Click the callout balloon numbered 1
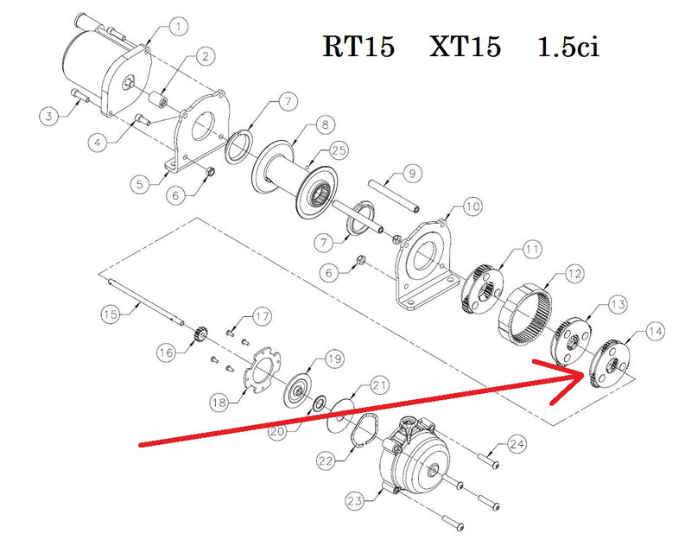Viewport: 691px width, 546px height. (x=178, y=28)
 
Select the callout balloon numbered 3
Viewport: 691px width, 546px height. (x=50, y=113)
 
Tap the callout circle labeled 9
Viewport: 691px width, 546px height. (x=412, y=174)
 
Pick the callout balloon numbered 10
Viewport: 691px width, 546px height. (x=472, y=206)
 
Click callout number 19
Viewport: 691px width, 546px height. (x=333, y=359)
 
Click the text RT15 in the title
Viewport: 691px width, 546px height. (x=359, y=47)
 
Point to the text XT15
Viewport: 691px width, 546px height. (x=466, y=47)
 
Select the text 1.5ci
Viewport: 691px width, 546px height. (x=567, y=47)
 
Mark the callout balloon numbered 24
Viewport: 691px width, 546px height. (x=517, y=445)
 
